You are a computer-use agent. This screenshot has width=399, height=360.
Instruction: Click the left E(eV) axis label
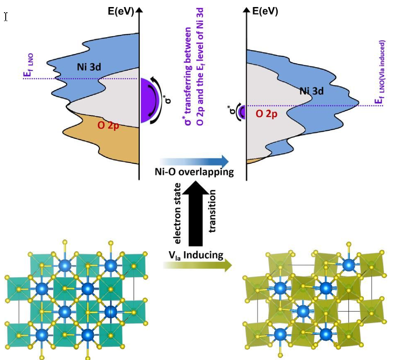121,12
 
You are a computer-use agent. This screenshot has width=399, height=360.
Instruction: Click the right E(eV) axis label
265,12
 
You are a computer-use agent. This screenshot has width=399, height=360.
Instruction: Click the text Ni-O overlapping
194,172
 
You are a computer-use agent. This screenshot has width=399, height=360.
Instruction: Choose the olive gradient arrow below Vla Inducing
196,265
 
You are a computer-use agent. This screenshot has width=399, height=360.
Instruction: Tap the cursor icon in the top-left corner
6,17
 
